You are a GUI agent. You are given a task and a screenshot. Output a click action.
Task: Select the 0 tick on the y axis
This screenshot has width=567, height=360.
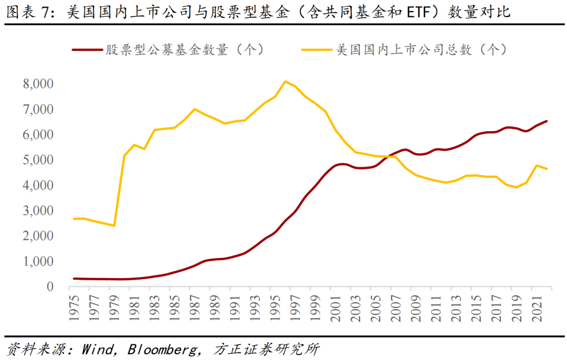[50, 287]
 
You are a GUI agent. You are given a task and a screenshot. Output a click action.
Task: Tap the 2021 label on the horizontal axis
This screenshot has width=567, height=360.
[537, 305]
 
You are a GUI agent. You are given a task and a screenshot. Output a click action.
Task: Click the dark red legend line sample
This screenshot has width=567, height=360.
[87, 50]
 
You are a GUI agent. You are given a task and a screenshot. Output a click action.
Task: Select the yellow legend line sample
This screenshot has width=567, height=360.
[318, 50]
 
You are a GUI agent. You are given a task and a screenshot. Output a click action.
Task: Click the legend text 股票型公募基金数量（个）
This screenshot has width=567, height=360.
[184, 50]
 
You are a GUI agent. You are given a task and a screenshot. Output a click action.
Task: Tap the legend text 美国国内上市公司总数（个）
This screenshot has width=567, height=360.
[420, 50]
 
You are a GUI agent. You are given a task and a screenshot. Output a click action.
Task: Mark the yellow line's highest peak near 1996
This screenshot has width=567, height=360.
[285, 81]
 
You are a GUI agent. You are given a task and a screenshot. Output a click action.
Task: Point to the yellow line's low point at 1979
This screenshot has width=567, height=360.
[114, 226]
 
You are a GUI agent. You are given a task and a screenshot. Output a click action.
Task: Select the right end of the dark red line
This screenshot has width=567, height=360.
[547, 121]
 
